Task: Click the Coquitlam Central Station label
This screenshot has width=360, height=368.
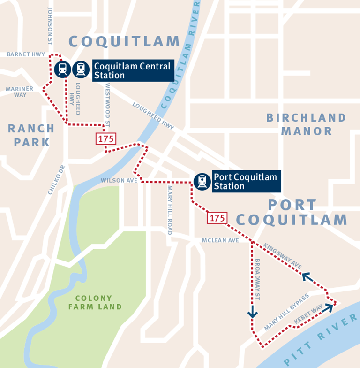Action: pyautogui.click(x=133, y=70)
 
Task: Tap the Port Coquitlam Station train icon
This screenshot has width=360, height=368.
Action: pyautogui.click(x=202, y=181)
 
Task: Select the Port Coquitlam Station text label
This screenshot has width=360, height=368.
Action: pyautogui.click(x=245, y=181)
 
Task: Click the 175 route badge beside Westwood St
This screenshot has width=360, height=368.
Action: pyautogui.click(x=106, y=138)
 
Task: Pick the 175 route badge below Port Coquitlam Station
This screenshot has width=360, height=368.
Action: pyautogui.click(x=217, y=218)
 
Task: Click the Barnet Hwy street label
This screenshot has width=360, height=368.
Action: pyautogui.click(x=26, y=54)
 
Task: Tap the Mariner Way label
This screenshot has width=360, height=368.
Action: pyautogui.click(x=20, y=92)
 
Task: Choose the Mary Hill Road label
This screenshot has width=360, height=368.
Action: pyautogui.click(x=170, y=209)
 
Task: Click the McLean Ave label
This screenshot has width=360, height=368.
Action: pyautogui.click(x=220, y=240)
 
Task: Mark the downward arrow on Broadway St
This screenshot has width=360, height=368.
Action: pyautogui.click(x=253, y=311)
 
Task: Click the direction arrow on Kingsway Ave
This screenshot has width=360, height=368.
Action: pyautogui.click(x=307, y=276)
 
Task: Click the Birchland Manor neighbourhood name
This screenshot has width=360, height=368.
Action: pyautogui.click(x=306, y=124)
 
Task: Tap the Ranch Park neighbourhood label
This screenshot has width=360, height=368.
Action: pyautogui.click(x=31, y=135)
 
